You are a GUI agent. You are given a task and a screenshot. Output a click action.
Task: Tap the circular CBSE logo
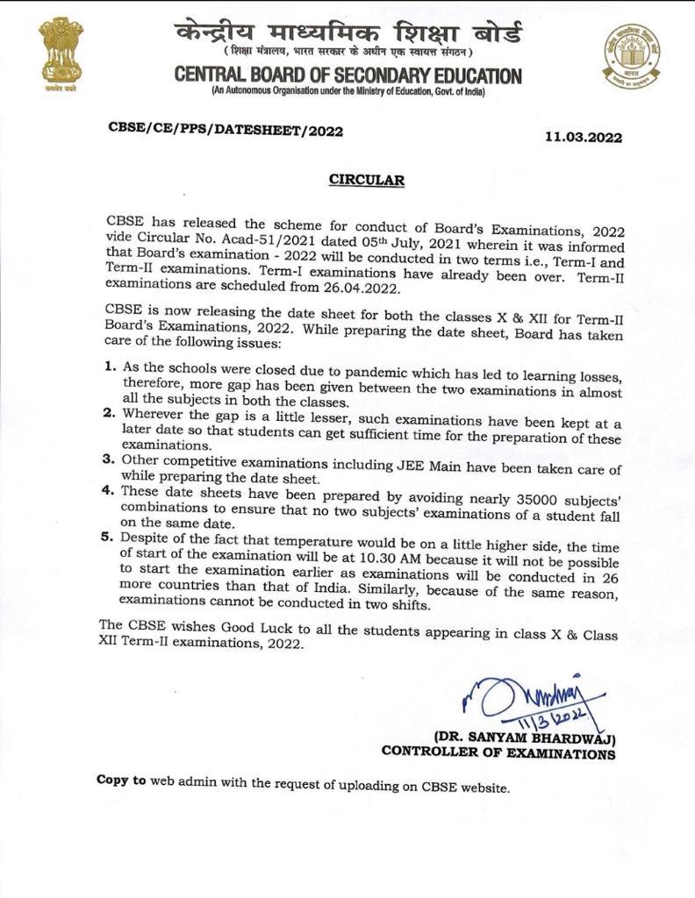631,54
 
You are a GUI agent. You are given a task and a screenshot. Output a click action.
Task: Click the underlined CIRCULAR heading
367,181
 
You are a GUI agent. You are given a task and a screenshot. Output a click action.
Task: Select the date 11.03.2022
584,137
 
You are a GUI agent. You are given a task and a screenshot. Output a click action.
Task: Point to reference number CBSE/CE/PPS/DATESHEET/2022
226,129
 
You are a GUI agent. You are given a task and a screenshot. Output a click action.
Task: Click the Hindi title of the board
347,35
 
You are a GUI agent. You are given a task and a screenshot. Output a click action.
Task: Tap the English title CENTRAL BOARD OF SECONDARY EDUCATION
347,76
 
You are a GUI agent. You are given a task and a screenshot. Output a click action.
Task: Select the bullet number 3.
111,459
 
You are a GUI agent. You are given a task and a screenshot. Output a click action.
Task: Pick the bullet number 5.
111,538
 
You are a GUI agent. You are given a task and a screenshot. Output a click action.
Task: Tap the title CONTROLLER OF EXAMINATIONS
498,752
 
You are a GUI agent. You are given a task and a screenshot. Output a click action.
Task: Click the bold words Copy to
122,780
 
